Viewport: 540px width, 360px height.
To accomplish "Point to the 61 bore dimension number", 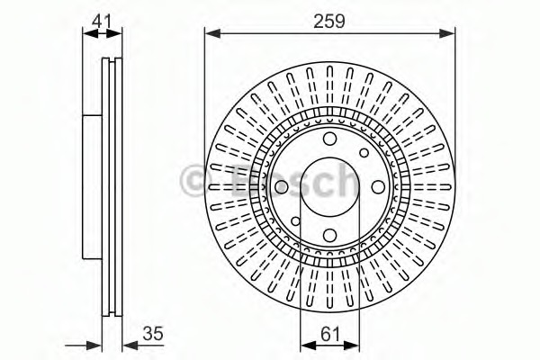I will point(330,334).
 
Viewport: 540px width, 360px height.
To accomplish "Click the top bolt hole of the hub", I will point(329,138).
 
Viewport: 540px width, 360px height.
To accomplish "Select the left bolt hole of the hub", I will point(281,187).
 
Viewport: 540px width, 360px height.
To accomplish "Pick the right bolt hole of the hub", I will point(378,187).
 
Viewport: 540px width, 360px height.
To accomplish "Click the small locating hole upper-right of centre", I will point(364,153).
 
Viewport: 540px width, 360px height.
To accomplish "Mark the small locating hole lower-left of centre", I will point(295,221).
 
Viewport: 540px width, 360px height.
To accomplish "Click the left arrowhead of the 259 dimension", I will point(210,34).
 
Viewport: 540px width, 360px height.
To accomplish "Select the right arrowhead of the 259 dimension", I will point(449,34).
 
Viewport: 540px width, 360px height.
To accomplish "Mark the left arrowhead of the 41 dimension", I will point(87,34).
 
